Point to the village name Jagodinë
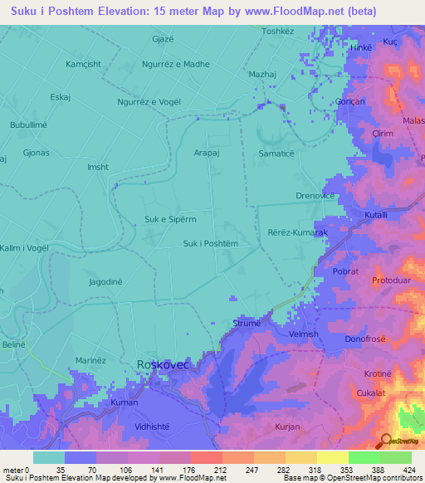tap(105, 282)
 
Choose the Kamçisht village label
tap(84, 64)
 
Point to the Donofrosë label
tap(368, 339)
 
